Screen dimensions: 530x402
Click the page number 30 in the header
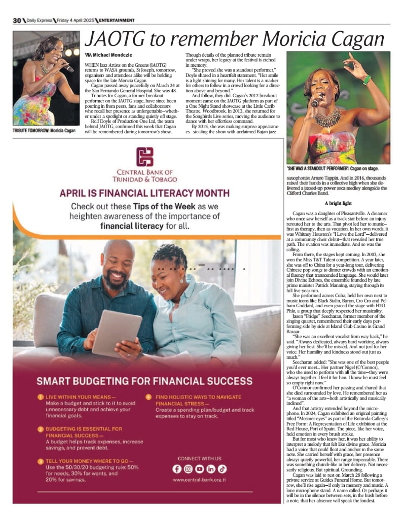click(17, 20)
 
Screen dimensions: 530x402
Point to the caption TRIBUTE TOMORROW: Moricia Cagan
click(44, 131)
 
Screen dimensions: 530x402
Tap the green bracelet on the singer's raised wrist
click(367, 80)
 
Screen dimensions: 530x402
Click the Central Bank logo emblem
click(145, 156)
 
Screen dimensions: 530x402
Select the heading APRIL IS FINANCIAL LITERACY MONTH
click(144, 193)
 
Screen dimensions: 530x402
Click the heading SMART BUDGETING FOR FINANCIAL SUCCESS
click(144, 381)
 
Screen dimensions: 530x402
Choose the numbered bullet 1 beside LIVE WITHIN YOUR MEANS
click(41, 397)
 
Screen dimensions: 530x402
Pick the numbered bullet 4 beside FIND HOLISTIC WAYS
click(149, 397)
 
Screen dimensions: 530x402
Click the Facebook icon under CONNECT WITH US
click(177, 469)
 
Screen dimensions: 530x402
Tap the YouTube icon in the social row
click(200, 469)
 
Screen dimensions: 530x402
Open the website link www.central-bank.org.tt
click(199, 480)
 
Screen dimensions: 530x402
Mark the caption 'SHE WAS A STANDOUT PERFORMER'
click(332, 169)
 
